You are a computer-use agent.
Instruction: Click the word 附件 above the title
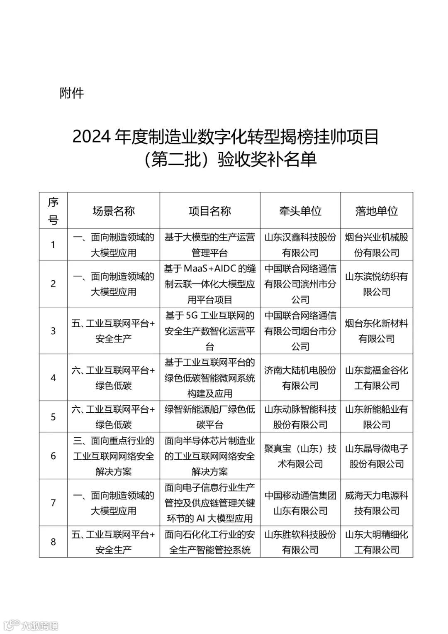click(x=72, y=93)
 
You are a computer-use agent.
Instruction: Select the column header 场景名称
click(x=113, y=211)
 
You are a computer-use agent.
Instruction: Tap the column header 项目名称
click(x=209, y=211)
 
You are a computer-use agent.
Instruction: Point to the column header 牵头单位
click(x=300, y=211)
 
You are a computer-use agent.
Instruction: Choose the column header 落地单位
click(x=376, y=211)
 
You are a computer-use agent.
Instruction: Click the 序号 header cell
click(x=53, y=211)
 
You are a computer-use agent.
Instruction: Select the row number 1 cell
click(x=53, y=245)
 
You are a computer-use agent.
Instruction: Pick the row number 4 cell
click(x=53, y=378)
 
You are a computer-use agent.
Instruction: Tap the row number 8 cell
click(x=53, y=542)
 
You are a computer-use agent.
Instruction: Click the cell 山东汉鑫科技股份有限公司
click(x=300, y=245)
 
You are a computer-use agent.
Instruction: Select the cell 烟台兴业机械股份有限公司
click(x=376, y=245)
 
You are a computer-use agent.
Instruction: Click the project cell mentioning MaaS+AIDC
click(x=209, y=284)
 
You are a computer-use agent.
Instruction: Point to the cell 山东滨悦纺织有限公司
click(x=376, y=284)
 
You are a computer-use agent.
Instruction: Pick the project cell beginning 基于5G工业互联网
click(x=209, y=331)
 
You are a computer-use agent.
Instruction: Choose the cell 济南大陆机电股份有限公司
click(x=300, y=378)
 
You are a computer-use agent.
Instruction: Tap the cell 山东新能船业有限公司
click(x=376, y=417)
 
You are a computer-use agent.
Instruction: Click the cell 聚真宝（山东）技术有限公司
click(x=300, y=456)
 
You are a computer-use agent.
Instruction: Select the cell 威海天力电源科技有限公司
click(x=376, y=503)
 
